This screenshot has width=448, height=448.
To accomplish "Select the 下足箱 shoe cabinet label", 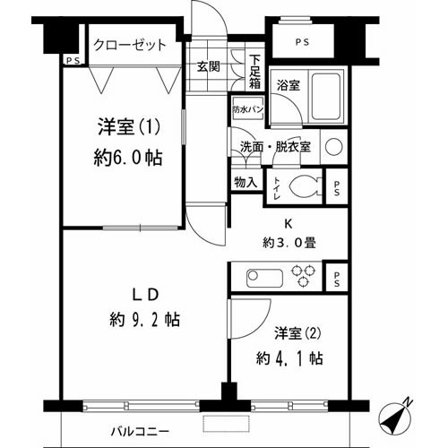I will [x=255, y=70].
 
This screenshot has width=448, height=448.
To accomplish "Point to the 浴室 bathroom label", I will [x=288, y=86].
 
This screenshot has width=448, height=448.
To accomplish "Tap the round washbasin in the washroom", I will [x=334, y=147].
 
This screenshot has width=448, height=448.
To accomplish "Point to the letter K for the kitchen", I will [x=290, y=224].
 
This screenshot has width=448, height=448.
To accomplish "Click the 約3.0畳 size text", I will [x=290, y=243].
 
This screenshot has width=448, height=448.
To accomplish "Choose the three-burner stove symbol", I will [x=303, y=275].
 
